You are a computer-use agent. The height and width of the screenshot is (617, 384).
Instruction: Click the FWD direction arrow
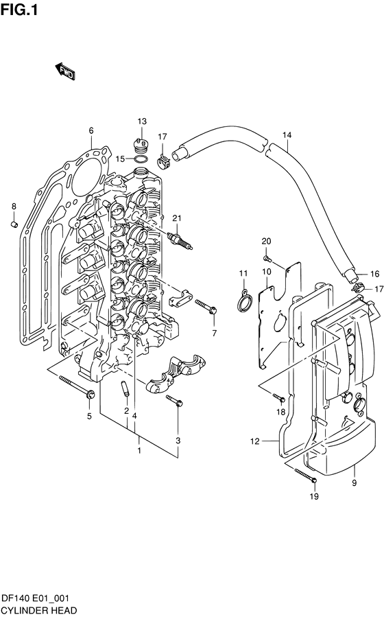(x=65, y=71)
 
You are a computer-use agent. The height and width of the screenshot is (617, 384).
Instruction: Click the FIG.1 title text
(x=19, y=10)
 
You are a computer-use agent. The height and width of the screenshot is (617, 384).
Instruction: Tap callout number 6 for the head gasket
(x=91, y=130)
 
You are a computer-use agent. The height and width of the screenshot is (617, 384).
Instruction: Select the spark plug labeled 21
(x=180, y=240)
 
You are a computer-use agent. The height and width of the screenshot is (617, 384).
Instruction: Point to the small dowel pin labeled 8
(x=14, y=224)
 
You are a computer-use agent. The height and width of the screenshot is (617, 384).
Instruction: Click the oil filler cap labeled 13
(x=141, y=146)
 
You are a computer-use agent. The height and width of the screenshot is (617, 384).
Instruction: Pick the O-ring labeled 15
(x=141, y=159)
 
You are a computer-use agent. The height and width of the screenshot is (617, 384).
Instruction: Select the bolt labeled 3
(x=174, y=400)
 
